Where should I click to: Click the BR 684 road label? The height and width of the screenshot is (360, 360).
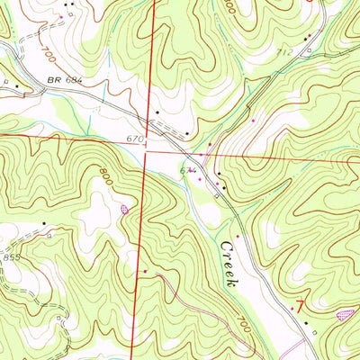pos(66,80)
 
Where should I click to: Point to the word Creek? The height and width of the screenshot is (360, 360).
pos(229,263)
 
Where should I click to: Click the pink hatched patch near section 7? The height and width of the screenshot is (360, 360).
pos(344,314)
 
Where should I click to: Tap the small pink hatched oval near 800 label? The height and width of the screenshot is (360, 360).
pos(124,209)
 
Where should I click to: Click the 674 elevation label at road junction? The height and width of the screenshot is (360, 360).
pos(188,168)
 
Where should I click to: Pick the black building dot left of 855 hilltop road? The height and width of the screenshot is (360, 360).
pos(42,221)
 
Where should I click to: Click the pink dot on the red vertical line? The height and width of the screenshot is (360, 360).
pos(144,269)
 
